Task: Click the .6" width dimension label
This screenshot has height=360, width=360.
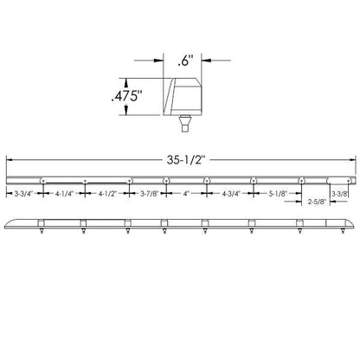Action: click(185, 61)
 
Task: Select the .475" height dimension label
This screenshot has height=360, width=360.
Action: click(127, 96)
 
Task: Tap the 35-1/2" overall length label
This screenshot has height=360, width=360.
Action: click(186, 160)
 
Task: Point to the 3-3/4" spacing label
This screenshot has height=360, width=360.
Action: click(24, 194)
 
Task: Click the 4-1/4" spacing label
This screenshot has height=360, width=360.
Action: click(65, 194)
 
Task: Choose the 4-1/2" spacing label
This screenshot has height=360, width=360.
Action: click(107, 194)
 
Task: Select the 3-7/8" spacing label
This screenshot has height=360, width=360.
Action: click(150, 194)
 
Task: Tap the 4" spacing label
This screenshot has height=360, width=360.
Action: click(186, 194)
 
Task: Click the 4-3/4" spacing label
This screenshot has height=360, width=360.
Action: click(231, 194)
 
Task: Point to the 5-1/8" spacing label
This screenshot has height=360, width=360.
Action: click(279, 194)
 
